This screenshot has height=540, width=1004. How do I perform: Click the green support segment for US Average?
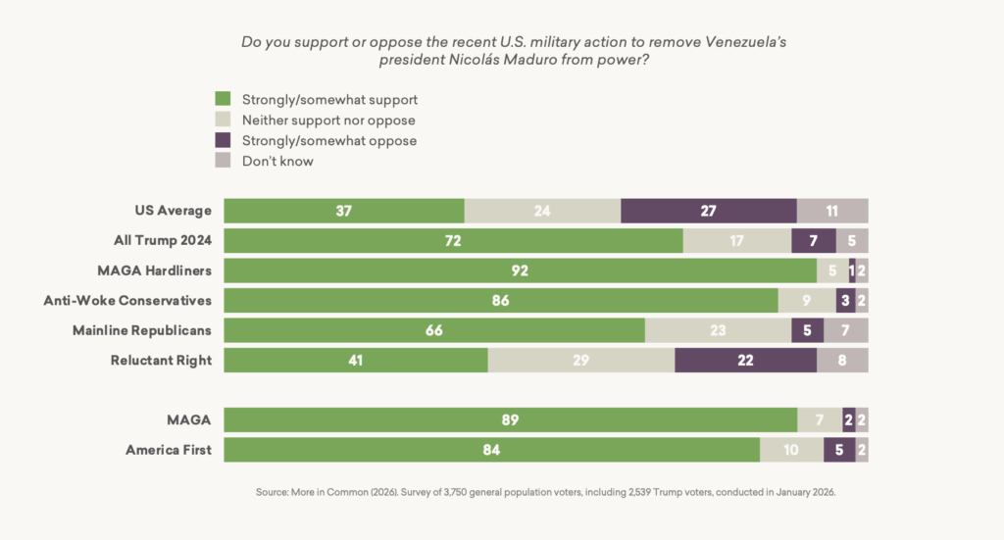(x=343, y=211)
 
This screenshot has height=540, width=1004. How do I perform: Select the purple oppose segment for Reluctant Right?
(x=745, y=360)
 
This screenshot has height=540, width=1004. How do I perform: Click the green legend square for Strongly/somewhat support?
(x=223, y=99)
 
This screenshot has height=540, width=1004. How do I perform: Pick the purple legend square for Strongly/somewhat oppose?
(x=223, y=140)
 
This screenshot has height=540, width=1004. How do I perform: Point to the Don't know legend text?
(x=277, y=161)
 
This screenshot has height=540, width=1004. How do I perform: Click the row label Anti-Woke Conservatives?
(x=127, y=300)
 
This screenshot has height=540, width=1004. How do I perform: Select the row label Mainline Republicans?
(x=142, y=330)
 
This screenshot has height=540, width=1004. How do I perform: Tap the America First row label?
(x=169, y=450)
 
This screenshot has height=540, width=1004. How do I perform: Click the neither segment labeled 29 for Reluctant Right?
(x=580, y=360)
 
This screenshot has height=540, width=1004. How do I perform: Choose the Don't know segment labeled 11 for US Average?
(x=832, y=211)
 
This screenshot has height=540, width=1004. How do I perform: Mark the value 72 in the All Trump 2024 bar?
(x=453, y=240)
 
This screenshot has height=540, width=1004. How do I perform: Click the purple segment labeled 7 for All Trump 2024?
(x=813, y=240)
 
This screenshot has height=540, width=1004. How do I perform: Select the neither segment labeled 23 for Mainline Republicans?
(x=718, y=330)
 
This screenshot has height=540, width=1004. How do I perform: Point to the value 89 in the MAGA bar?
(x=510, y=420)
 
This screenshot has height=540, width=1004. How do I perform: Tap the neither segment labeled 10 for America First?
(x=791, y=450)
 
